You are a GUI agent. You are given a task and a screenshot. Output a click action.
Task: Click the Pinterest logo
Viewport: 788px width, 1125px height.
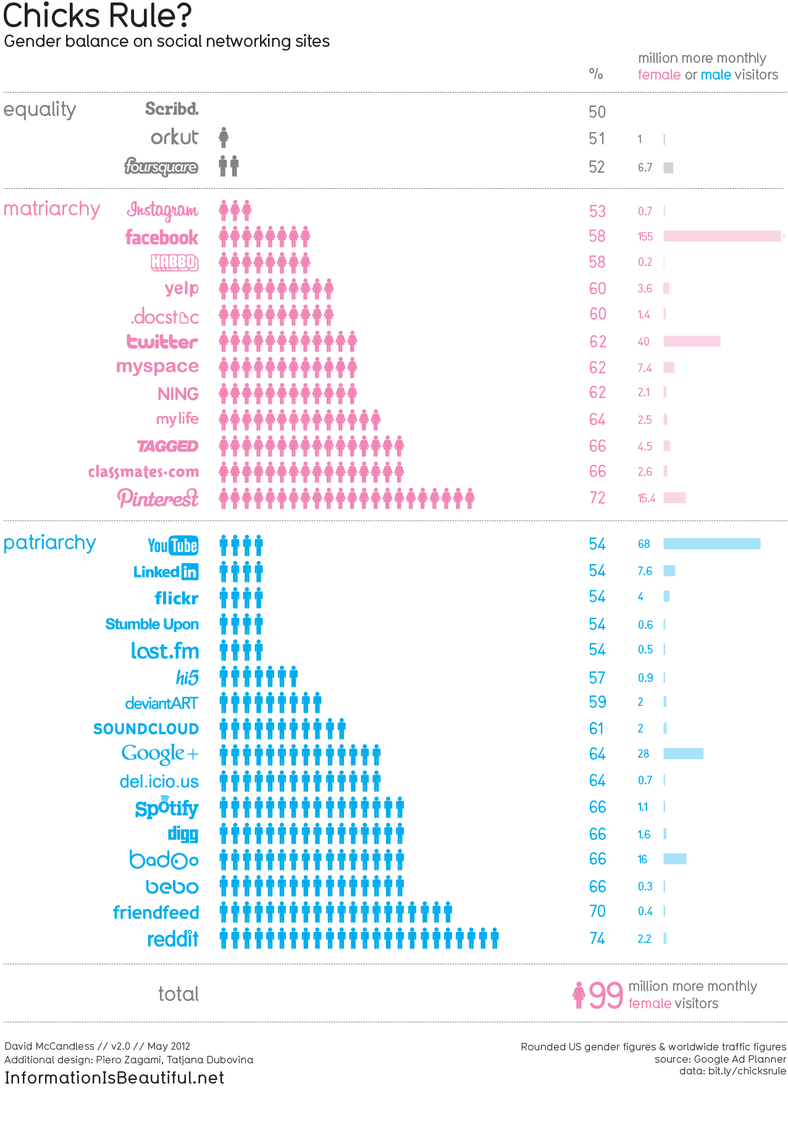click(x=158, y=497)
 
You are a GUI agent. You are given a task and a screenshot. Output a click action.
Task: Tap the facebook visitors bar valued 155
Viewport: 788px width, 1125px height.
click(x=722, y=236)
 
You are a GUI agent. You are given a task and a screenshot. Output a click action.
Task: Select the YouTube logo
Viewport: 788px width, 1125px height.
click(x=173, y=546)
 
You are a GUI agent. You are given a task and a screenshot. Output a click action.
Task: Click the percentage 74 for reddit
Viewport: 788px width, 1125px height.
click(x=597, y=939)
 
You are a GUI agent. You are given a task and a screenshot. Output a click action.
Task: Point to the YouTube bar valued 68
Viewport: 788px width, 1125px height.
click(x=711, y=544)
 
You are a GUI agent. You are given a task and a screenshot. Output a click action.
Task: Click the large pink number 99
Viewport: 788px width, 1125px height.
click(x=606, y=995)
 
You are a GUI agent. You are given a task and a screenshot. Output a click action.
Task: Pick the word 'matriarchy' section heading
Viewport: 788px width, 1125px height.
click(x=52, y=209)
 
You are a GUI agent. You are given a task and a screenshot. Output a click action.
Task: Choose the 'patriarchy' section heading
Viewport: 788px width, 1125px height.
click(x=50, y=543)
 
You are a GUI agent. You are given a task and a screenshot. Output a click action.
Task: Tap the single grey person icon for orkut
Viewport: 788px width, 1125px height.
click(x=224, y=138)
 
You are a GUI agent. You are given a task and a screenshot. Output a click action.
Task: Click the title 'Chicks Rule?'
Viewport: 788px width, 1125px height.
click(x=98, y=16)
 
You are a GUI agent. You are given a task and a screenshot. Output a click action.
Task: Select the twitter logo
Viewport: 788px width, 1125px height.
click(x=162, y=342)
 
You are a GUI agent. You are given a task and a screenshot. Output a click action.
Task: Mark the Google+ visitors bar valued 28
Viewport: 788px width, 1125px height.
click(x=683, y=753)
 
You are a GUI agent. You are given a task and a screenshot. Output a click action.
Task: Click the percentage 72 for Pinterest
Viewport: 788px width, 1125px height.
click(x=597, y=498)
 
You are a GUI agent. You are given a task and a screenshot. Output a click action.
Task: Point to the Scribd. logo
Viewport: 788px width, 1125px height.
click(x=172, y=109)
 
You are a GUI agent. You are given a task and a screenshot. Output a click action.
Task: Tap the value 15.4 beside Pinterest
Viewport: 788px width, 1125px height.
click(x=647, y=498)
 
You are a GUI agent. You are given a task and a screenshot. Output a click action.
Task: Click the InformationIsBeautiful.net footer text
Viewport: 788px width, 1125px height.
click(x=114, y=1077)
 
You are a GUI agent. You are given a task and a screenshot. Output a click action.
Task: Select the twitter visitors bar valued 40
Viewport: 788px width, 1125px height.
click(x=692, y=341)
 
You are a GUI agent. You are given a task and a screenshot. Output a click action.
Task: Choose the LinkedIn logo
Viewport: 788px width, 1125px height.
click(x=166, y=572)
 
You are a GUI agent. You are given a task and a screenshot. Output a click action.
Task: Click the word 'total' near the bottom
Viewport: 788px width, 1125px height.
click(x=178, y=994)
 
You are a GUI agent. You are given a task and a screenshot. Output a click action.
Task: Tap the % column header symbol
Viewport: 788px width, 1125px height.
click(x=595, y=74)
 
